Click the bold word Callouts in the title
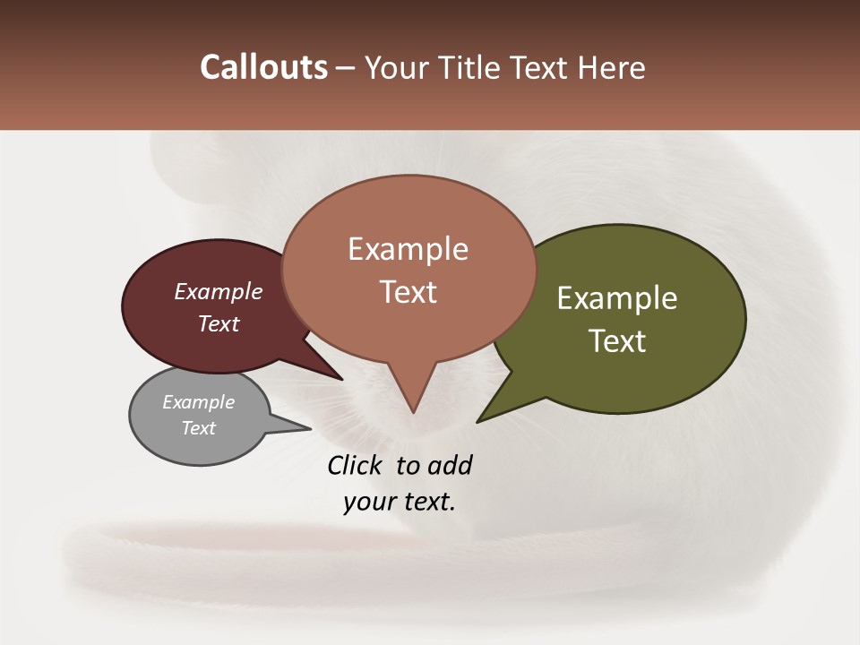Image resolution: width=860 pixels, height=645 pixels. click(x=263, y=67)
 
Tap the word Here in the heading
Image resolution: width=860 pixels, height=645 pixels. click(x=611, y=67)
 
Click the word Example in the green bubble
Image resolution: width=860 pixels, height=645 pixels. click(x=617, y=298)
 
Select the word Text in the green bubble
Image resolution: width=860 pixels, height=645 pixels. click(x=617, y=341)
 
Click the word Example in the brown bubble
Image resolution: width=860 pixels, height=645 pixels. click(x=408, y=249)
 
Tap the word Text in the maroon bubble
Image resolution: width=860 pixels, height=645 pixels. click(x=219, y=324)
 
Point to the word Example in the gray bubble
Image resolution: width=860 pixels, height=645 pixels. click(x=198, y=402)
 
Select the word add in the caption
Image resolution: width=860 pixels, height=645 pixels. click(x=450, y=465)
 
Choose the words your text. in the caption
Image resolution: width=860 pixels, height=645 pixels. click(x=399, y=502)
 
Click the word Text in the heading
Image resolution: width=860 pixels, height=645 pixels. click(x=539, y=67)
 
